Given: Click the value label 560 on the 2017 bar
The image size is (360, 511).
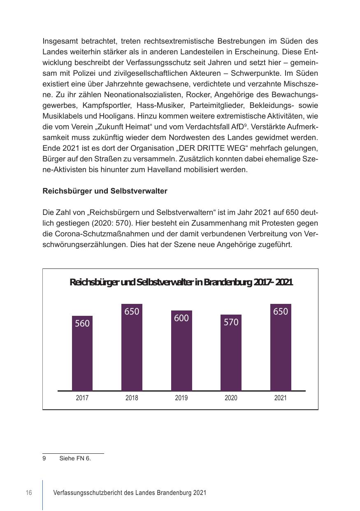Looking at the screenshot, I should (x=82, y=324).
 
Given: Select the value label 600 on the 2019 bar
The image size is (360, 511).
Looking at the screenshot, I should (x=181, y=318).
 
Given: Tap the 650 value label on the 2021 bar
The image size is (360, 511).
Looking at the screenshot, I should (x=281, y=312).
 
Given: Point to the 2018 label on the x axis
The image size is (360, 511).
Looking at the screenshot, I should (x=132, y=398).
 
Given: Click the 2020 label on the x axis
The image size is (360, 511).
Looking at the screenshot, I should (x=231, y=398).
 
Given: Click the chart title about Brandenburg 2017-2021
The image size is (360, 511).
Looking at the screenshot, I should (x=181, y=282).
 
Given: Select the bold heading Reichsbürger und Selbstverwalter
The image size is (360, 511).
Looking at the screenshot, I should (x=105, y=191).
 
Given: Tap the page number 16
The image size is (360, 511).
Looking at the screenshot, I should (x=29, y=493).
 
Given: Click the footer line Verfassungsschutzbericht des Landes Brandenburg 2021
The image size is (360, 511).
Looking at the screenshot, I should (x=130, y=493).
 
